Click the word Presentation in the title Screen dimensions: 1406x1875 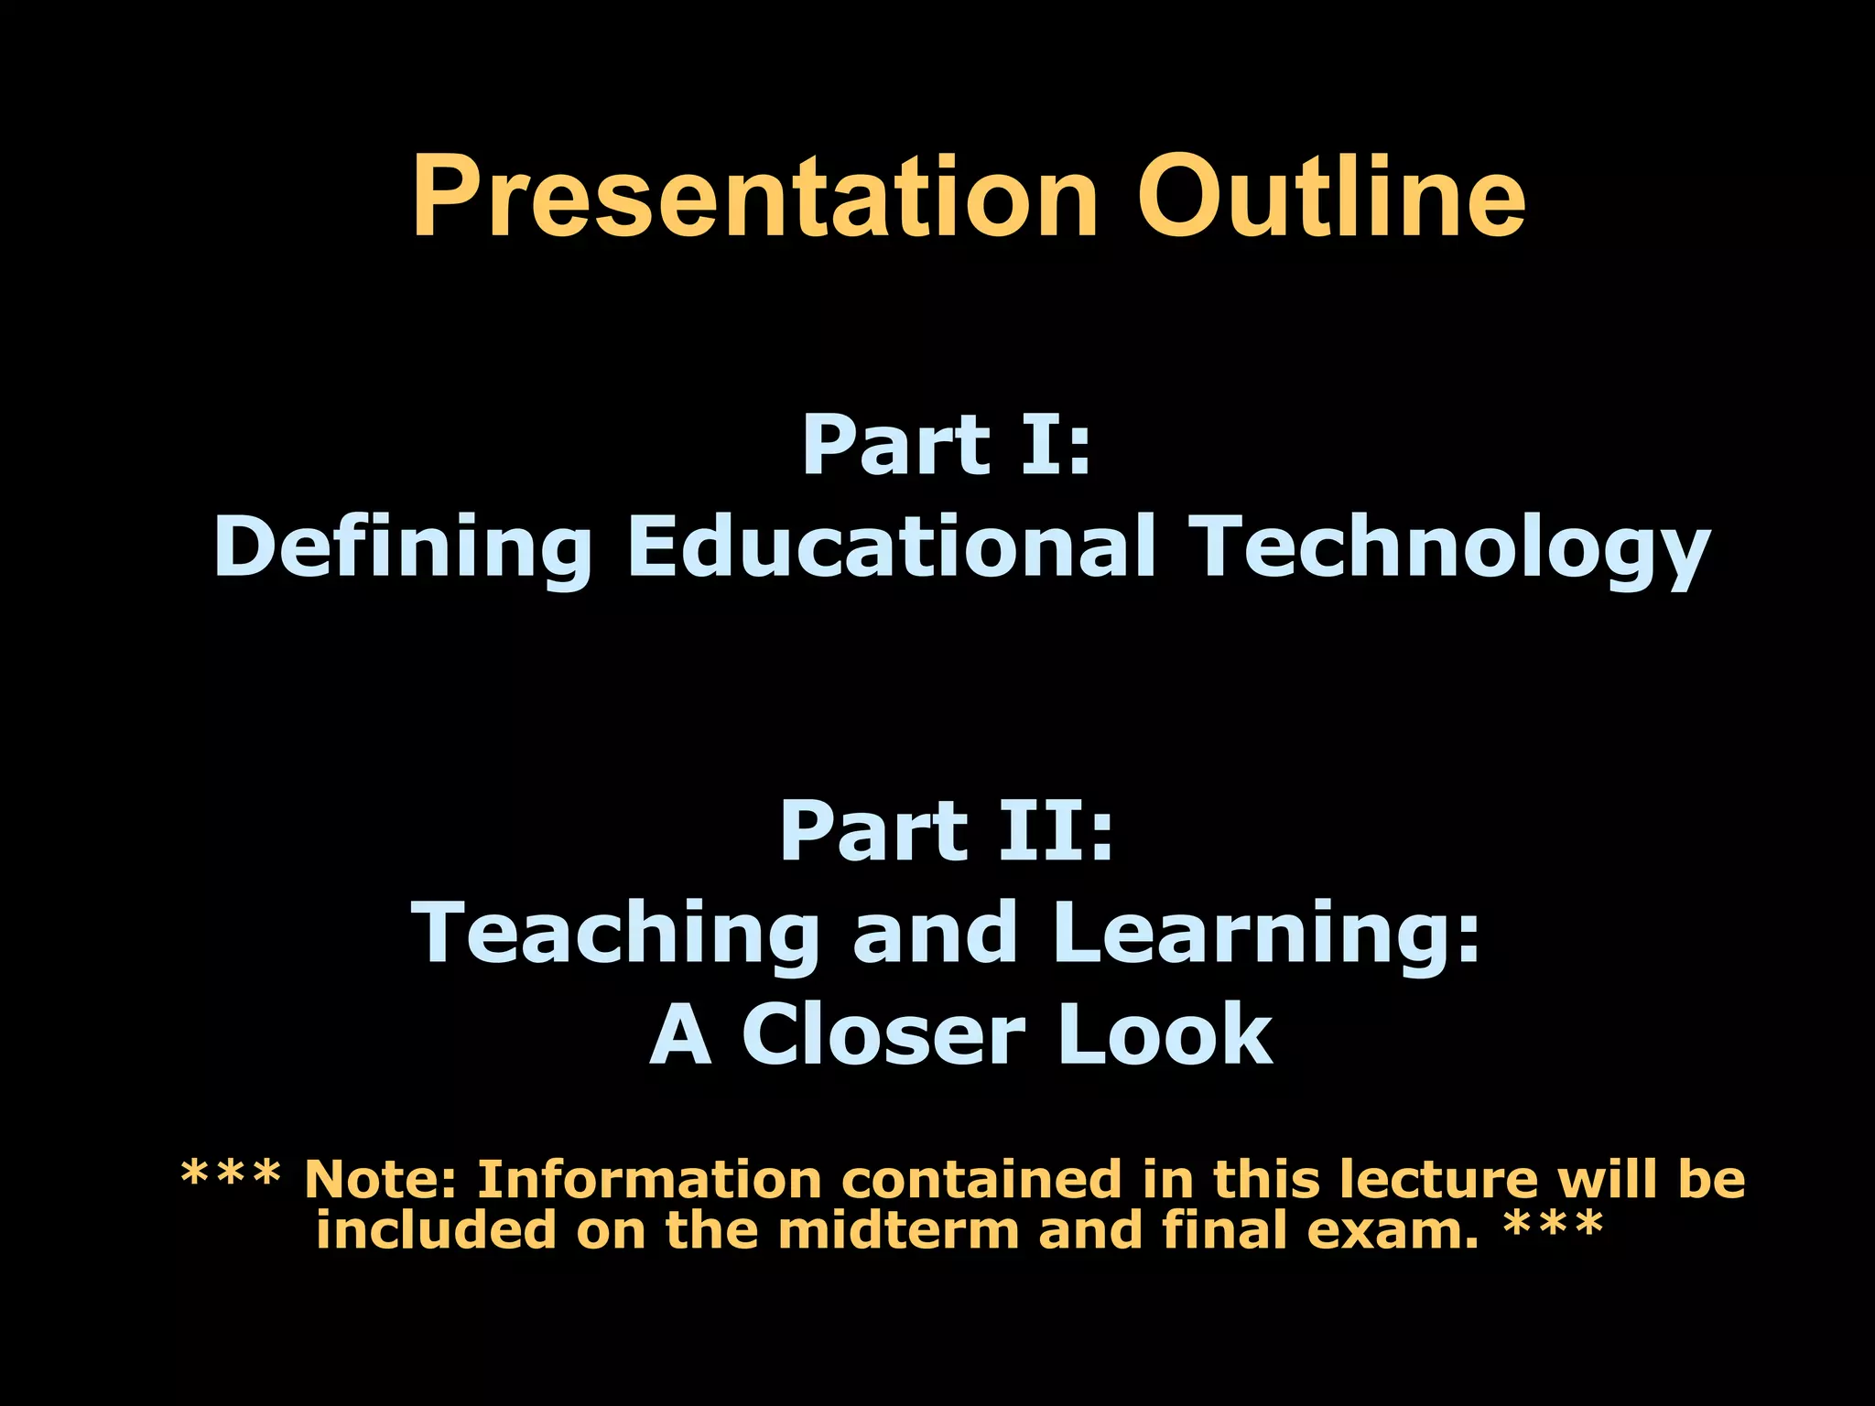click(754, 197)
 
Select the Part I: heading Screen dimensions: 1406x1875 click(947, 446)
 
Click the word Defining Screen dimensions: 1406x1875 click(403, 546)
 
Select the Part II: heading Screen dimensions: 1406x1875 click(947, 832)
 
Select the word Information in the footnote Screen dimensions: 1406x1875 click(649, 1179)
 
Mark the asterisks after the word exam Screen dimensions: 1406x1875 click(1554, 1225)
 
